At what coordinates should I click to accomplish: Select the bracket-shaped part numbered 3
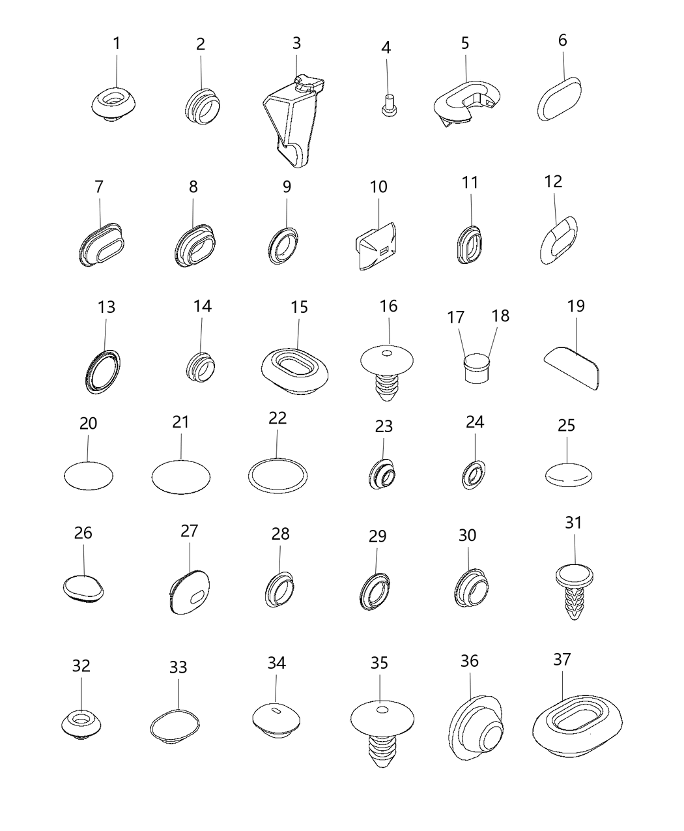294,120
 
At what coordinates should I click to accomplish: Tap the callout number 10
378,186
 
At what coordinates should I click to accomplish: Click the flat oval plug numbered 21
181,477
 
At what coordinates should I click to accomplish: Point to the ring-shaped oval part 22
278,476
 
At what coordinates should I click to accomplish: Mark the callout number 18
500,315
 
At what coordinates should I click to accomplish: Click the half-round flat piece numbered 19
571,368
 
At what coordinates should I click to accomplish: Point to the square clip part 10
376,246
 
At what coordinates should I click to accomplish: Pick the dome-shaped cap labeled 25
568,474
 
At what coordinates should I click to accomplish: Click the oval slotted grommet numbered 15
295,371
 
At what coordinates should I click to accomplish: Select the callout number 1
117,44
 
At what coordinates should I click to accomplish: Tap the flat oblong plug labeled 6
559,98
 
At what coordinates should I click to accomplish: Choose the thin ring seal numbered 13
103,372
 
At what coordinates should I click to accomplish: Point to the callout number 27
189,531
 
